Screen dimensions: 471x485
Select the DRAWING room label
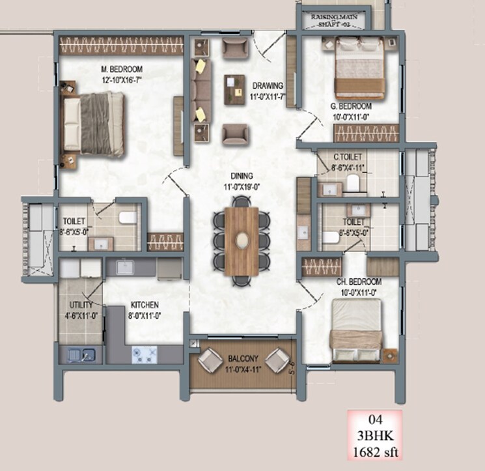pyautogui.click(x=268, y=85)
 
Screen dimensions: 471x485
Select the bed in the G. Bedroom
pyautogui.click(x=359, y=68)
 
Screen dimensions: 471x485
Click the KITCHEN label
pyautogui.click(x=144, y=305)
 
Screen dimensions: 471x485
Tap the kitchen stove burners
pyautogui.click(x=145, y=354)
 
